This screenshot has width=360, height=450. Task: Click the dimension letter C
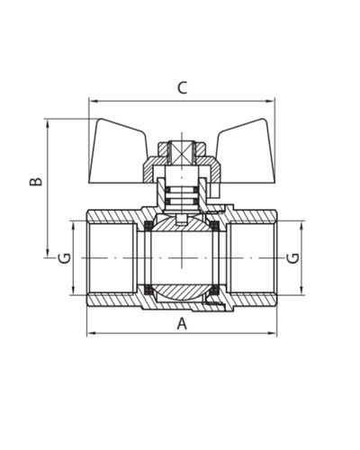coord(182,87)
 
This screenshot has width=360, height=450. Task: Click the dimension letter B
coord(36,182)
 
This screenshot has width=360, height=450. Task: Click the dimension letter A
coord(182,324)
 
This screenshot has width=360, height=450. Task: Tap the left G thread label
coord(65,258)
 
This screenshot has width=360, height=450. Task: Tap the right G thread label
coord(292,258)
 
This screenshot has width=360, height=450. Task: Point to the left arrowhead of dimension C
coord(93,101)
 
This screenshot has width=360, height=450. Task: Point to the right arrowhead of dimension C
coord(271,101)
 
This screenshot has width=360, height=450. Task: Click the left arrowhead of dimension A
coord(91,333)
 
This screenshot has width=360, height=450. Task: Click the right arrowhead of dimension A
coord(273,333)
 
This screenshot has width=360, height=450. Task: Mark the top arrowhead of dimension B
coord(48,123)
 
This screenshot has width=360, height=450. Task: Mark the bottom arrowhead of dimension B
coord(48,254)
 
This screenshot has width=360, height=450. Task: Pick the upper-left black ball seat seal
coord(148,225)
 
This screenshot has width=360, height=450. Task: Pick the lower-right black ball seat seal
coord(215,290)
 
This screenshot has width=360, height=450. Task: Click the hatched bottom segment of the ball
coord(181,292)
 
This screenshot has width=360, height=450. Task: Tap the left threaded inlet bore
coord(112,258)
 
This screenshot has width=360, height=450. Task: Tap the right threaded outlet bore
coord(251,258)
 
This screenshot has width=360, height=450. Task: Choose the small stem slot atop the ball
coord(182,220)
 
